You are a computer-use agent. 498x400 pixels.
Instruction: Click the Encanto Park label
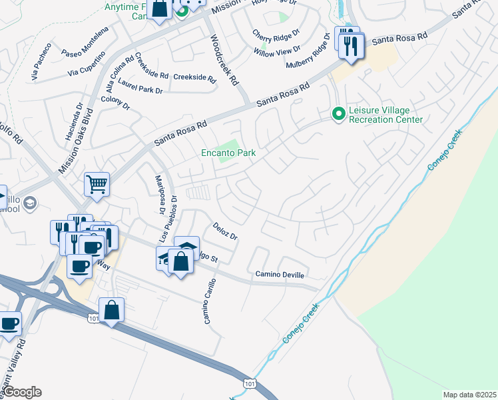[x=228, y=153]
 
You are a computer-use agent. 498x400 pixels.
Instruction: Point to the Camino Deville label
[x=280, y=275]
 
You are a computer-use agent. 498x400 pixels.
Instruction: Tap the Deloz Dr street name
[x=225, y=231]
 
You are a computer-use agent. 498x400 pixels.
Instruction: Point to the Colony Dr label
[x=115, y=103]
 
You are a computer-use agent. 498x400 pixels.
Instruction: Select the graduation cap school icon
[x=30, y=203]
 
